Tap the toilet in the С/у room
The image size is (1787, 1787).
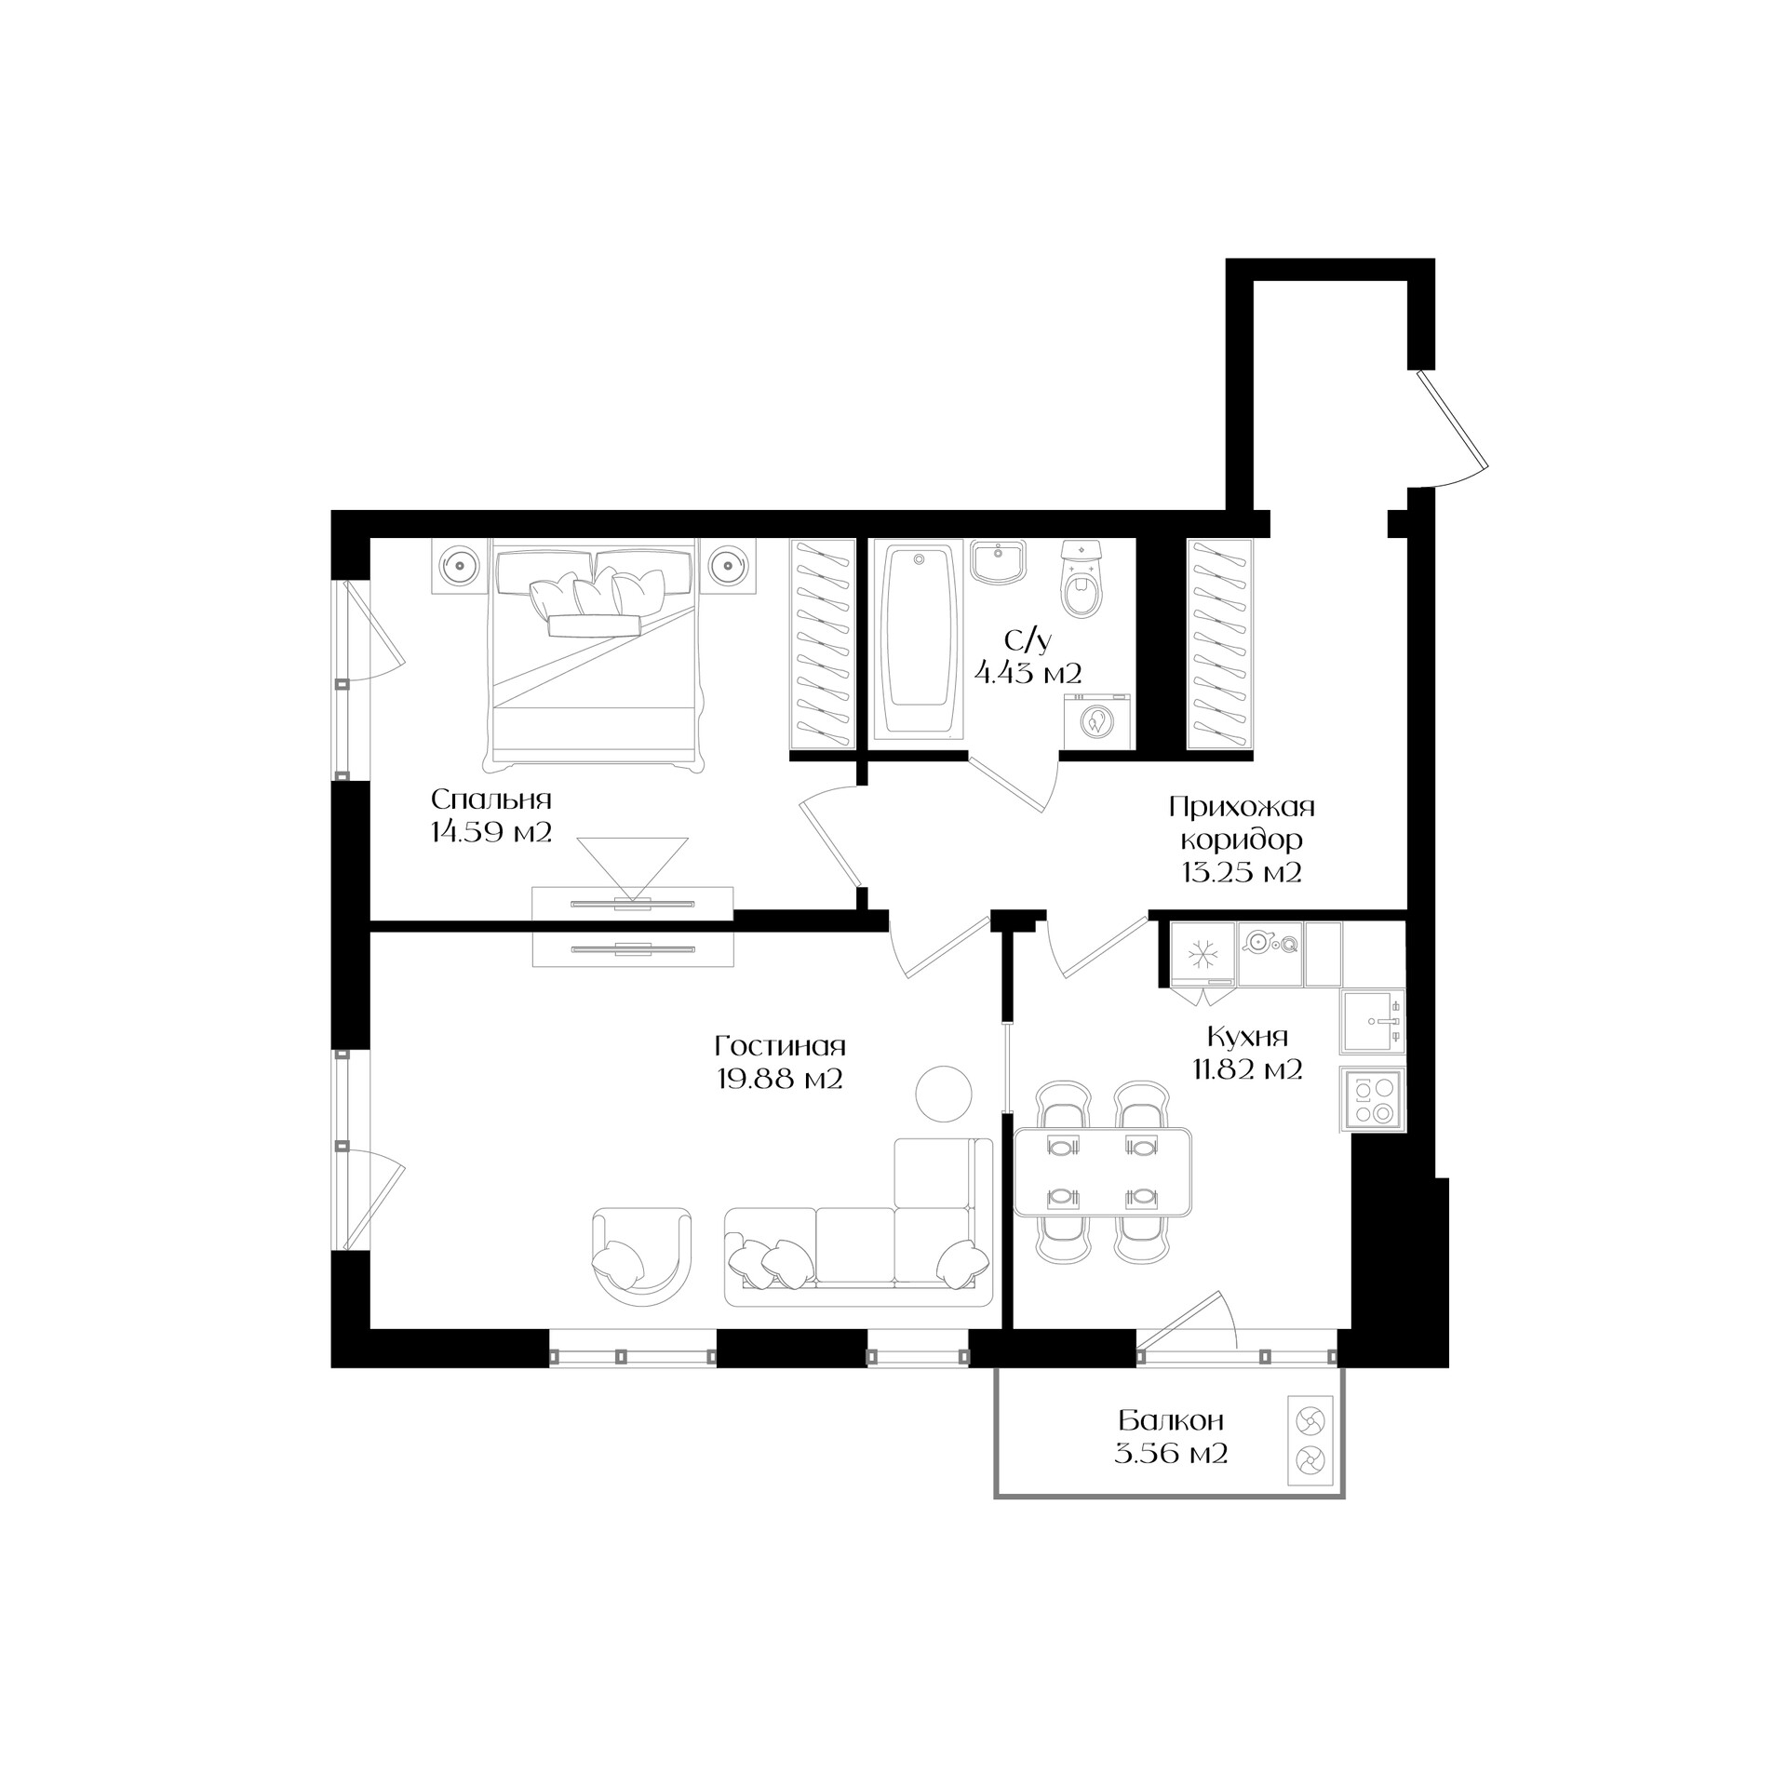(1081, 580)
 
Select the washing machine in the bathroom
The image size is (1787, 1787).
(1098, 720)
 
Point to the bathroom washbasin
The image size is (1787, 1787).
(1000, 563)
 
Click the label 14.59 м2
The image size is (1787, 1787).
(491, 831)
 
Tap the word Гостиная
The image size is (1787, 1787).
(780, 1046)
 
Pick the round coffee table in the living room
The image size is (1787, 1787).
(944, 1095)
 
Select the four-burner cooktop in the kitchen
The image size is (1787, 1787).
(1373, 1100)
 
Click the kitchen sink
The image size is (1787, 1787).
(1372, 1021)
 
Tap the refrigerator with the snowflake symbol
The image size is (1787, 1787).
(1203, 954)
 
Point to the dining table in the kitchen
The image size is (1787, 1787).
(1103, 1173)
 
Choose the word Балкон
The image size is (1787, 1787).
(1171, 1421)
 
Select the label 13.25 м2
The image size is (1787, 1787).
(1242, 872)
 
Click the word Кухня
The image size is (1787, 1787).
(1247, 1037)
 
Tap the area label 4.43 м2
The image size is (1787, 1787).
(1028, 672)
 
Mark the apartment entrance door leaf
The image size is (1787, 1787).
(1452, 421)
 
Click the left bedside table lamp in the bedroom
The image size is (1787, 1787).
(460, 564)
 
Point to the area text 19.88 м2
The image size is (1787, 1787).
(780, 1079)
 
